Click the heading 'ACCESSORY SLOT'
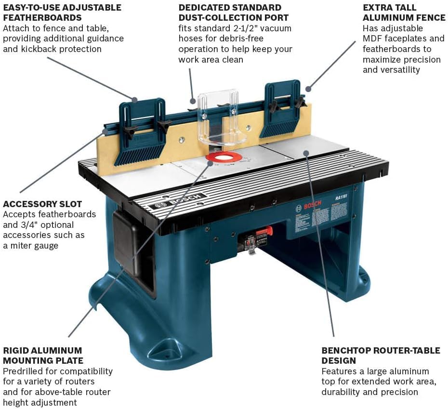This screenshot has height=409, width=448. point(42,204)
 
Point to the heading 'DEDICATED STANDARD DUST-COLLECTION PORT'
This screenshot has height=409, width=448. point(230,13)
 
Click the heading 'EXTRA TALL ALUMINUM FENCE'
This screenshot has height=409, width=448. point(404,13)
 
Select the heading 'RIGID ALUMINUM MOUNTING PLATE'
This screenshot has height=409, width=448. point(43,356)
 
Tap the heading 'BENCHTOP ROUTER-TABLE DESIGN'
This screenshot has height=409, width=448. point(381,356)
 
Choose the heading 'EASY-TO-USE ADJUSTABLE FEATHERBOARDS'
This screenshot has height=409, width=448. point(62,13)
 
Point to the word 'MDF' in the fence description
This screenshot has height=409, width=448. point(373,39)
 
